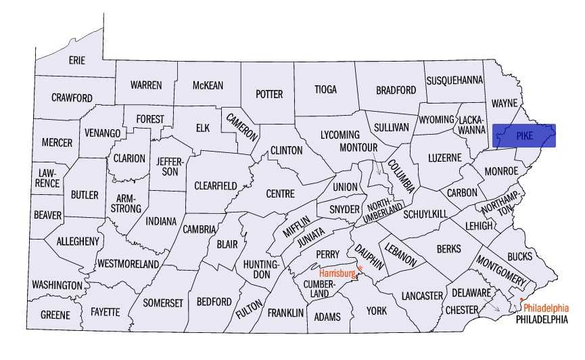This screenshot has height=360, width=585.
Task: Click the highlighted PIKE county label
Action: coord(524,135)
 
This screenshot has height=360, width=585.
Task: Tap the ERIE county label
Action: coord(77,60)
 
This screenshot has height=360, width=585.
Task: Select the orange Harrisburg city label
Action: coord(337,273)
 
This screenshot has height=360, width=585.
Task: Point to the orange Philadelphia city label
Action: coord(546,307)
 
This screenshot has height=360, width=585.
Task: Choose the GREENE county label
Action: coord(55,315)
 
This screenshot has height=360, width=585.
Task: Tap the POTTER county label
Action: coord(268,94)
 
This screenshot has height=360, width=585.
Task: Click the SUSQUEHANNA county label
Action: coord(454,80)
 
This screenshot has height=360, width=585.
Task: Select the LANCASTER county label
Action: coord(421,296)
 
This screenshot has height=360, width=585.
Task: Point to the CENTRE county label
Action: coord(280,194)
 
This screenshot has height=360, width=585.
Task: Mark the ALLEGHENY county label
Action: coord(78,241)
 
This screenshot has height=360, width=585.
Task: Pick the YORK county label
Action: coord(376,311)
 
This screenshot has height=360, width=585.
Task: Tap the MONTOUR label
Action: coord(358,147)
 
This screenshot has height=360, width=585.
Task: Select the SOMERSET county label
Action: coord(162,303)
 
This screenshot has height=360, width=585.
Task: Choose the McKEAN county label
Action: coord(208,85)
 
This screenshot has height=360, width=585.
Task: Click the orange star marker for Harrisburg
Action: coord(360,269)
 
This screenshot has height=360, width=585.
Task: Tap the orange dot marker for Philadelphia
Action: coord(521,298)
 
